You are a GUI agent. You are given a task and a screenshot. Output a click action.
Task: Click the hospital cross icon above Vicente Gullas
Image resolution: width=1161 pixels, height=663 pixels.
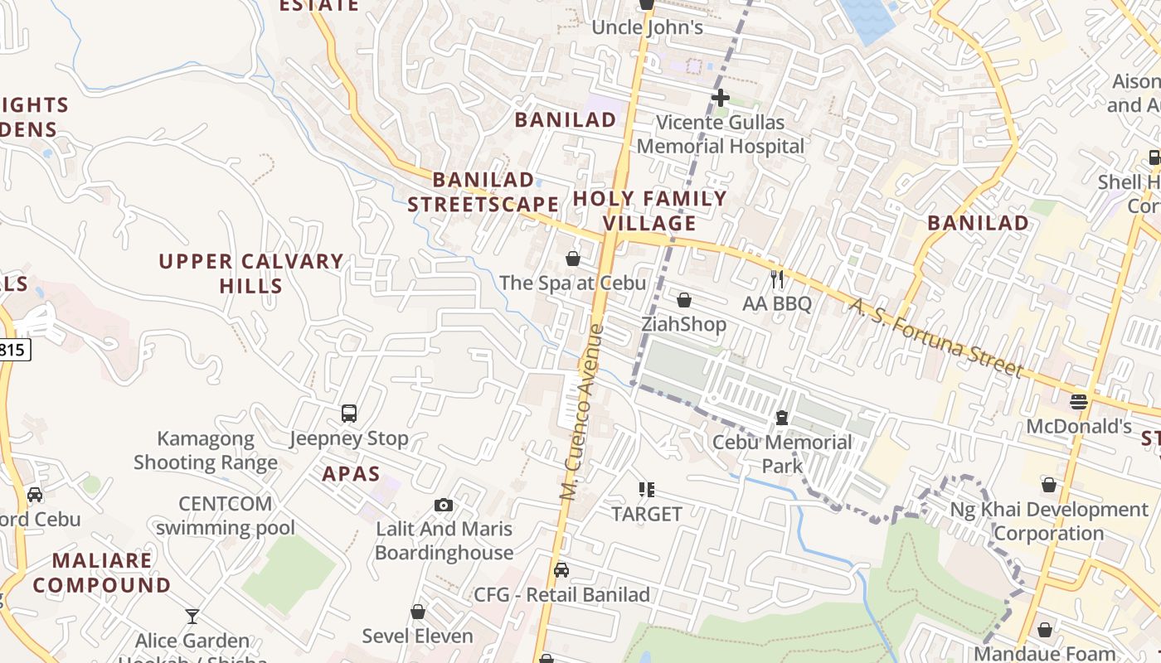(720, 98)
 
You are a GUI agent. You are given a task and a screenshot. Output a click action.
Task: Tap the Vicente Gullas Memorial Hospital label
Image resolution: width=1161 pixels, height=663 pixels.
(720, 134)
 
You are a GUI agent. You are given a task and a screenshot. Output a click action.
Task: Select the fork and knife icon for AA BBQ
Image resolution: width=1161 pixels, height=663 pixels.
(777, 279)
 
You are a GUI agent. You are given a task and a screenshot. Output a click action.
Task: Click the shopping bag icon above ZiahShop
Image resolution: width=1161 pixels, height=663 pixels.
(684, 300)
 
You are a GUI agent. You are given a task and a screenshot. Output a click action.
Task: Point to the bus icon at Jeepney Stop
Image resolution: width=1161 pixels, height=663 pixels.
(349, 413)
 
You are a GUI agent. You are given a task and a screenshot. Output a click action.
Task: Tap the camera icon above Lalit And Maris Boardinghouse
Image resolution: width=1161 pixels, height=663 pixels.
(444, 505)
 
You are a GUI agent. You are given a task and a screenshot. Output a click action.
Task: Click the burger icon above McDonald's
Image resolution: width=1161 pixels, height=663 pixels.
(1078, 402)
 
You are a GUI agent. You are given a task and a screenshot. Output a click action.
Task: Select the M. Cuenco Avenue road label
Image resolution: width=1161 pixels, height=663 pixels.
(582, 412)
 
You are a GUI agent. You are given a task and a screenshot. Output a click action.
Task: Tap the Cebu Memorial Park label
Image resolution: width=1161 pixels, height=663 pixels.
(781, 453)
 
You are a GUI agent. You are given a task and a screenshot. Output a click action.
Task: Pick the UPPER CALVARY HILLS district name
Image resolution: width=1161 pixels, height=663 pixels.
(250, 273)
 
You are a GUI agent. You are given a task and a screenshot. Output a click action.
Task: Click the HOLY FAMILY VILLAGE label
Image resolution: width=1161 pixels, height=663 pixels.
(649, 211)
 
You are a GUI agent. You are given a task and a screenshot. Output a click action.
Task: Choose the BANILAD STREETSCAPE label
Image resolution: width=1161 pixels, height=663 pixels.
(483, 191)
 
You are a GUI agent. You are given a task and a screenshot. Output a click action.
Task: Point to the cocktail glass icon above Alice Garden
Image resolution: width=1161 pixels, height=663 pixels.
(192, 617)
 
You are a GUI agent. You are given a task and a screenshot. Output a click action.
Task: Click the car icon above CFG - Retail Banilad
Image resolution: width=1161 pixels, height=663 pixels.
(561, 570)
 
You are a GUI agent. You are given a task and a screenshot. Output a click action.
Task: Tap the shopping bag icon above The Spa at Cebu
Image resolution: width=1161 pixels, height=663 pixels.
(572, 259)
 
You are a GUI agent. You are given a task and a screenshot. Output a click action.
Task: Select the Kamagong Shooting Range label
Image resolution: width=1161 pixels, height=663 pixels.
(206, 450)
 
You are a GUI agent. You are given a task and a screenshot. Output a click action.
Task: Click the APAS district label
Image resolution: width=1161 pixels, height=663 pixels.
(351, 474)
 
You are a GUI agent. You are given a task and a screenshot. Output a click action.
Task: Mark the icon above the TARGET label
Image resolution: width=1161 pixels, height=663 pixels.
(647, 490)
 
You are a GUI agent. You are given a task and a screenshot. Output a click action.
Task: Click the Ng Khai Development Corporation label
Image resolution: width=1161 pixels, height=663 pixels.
(1048, 521)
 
